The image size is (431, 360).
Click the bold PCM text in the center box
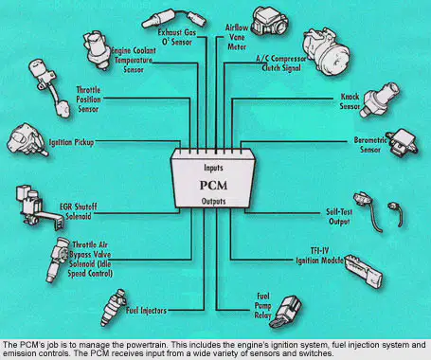(x=213, y=185)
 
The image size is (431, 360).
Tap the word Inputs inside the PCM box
(x=213, y=168)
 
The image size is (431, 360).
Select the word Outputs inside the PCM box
(x=213, y=201)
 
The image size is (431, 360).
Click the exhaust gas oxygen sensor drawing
(x=174, y=18)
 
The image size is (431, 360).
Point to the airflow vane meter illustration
(x=269, y=22)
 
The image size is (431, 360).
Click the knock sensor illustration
(x=381, y=99)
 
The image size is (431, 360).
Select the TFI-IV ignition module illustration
(x=363, y=272)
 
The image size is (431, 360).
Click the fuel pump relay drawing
(x=287, y=312)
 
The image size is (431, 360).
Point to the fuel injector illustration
(x=113, y=306)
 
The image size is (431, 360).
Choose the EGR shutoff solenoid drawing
(x=37, y=207)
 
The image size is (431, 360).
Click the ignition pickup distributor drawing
(x=27, y=140)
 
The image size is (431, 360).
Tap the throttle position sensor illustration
(x=50, y=88)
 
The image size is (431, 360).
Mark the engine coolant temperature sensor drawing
(x=97, y=50)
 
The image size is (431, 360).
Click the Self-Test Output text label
(x=339, y=217)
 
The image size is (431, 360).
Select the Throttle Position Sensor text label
(x=88, y=99)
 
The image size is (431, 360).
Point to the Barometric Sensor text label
(x=370, y=145)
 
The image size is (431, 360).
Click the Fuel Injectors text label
(x=146, y=311)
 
